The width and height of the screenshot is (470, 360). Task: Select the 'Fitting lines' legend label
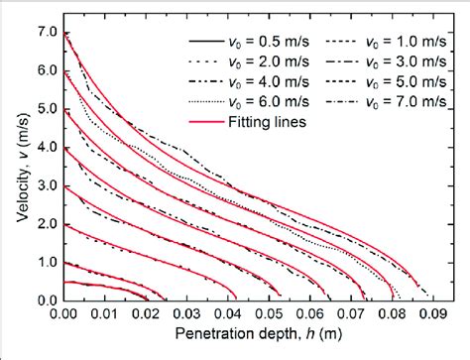[x=264, y=116]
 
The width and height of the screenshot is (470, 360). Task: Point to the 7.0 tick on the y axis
[x=44, y=33]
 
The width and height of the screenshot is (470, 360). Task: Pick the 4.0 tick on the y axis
[x=44, y=148]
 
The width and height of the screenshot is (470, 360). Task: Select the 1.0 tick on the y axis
[x=44, y=262]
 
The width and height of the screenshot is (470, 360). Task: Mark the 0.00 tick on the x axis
[x=64, y=316]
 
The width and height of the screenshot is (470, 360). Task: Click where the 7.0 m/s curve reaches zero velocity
[x=430, y=299]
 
